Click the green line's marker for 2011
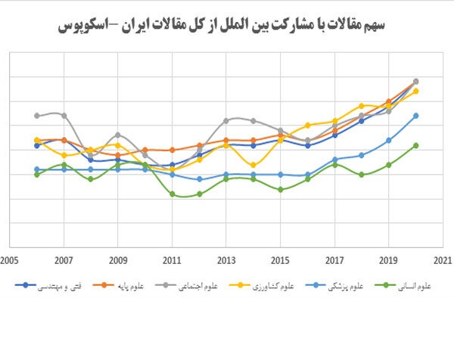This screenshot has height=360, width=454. coord(173,194)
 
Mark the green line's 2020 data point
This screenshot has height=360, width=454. coord(416,145)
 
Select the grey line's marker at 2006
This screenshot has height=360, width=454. coord(37,116)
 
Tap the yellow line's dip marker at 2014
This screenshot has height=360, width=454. coord(253,164)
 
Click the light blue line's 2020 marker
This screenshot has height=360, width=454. coord(416,116)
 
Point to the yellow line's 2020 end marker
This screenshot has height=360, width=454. coord(416,91)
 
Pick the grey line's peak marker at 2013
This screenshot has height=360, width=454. coord(226,120)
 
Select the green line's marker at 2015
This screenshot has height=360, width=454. coord(281,189)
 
